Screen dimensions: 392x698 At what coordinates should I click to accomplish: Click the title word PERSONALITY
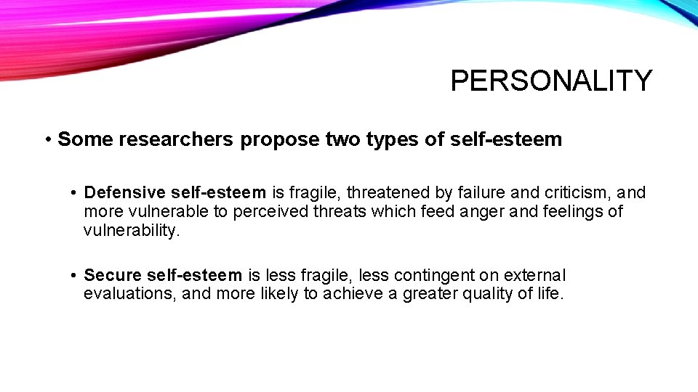551,81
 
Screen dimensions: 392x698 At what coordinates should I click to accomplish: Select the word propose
280,139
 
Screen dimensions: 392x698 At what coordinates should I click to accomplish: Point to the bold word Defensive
124,192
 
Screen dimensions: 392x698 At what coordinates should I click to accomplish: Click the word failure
487,192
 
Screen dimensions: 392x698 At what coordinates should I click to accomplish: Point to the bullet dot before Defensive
75,193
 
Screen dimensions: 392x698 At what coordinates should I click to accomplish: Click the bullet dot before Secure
75,276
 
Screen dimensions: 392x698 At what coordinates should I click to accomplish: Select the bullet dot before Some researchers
47,140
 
